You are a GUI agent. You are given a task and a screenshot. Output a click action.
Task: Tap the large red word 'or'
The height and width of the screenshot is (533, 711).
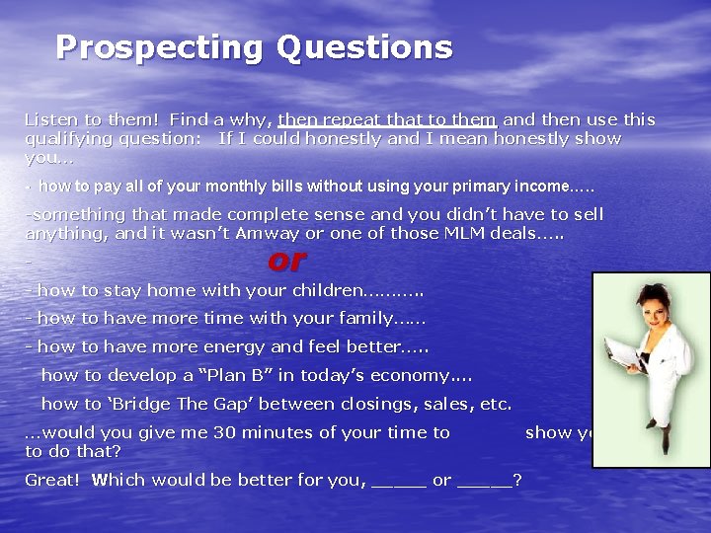[x=286, y=261]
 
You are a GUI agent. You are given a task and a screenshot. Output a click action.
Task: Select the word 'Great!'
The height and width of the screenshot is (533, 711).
[x=53, y=480]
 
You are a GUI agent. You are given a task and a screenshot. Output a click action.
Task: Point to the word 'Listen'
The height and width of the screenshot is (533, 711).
[x=50, y=119]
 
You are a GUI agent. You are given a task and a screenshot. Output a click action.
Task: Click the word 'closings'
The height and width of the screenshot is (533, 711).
[x=387, y=404]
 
